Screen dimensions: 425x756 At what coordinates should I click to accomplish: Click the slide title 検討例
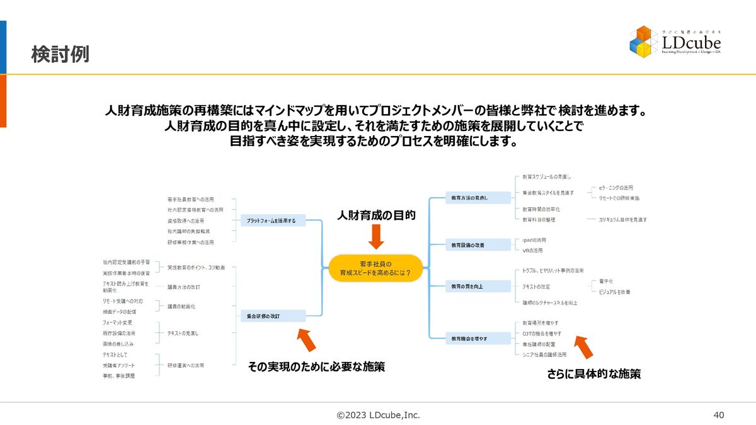click(60, 55)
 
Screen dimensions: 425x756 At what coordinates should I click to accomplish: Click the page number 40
click(719, 415)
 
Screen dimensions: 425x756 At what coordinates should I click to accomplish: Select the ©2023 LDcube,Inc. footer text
click(378, 415)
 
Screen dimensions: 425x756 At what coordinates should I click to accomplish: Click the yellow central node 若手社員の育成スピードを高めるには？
click(376, 268)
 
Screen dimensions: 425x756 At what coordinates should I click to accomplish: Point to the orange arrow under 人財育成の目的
click(376, 237)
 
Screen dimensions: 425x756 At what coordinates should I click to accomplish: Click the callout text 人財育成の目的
click(376, 215)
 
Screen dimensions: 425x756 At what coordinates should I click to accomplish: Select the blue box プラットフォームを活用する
click(272, 220)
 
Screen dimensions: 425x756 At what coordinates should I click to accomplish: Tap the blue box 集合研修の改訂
click(273, 316)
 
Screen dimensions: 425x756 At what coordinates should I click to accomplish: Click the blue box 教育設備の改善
click(478, 244)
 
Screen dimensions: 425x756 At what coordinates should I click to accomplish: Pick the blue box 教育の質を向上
click(478, 286)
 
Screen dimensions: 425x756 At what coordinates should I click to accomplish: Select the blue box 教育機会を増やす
click(478, 339)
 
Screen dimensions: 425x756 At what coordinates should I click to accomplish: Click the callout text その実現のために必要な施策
click(316, 366)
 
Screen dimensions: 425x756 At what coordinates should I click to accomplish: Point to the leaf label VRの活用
click(532, 251)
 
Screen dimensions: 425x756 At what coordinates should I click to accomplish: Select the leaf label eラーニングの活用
click(616, 188)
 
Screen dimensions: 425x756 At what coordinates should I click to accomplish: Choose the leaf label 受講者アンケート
click(118, 365)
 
